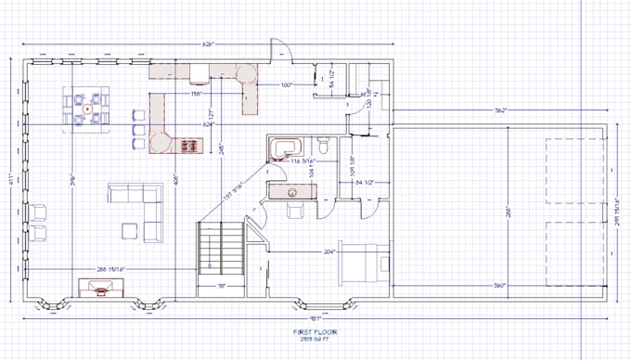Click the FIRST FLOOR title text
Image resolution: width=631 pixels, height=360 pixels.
(x=315, y=330)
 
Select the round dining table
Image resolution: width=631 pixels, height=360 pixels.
(x=86, y=108)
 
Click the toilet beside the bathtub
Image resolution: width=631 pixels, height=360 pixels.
(x=323, y=147)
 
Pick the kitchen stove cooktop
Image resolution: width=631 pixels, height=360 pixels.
(x=189, y=145)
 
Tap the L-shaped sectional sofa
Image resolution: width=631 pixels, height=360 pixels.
(x=139, y=201)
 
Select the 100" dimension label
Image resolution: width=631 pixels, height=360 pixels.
(x=289, y=85)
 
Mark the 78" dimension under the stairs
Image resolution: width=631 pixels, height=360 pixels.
(x=221, y=286)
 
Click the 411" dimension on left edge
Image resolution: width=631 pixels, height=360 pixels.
(x=10, y=178)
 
